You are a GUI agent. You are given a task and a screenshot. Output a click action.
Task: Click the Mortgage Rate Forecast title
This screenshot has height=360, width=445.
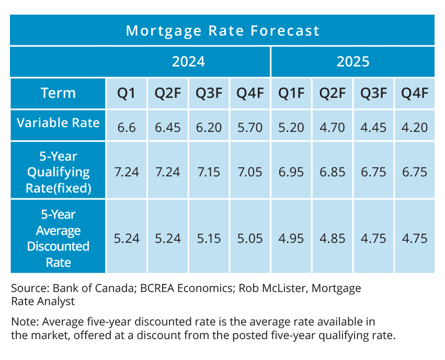[x=222, y=30]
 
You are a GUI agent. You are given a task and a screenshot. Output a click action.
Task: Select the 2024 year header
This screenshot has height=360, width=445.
[x=188, y=62]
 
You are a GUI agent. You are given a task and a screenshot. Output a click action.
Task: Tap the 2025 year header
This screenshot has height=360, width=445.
[x=352, y=62]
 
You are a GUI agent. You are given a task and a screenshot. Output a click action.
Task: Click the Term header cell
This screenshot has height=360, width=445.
[x=58, y=93]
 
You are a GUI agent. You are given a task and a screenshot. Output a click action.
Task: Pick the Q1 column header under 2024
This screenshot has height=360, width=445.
[x=126, y=94]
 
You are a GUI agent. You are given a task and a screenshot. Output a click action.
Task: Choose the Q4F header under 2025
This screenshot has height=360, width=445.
[x=414, y=94]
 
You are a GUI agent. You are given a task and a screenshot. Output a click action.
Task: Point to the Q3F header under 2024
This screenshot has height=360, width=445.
[x=209, y=94]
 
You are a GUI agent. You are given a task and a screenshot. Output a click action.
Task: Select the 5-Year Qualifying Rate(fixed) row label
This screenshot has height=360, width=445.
[x=58, y=172]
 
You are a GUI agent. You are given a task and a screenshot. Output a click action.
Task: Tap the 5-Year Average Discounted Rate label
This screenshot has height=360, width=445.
[x=58, y=238]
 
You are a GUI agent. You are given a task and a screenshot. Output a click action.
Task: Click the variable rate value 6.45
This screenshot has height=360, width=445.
[x=167, y=126]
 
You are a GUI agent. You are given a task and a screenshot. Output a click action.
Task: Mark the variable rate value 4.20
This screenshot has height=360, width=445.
[x=414, y=126]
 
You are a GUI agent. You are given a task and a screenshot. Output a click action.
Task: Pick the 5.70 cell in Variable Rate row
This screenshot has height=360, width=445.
[x=249, y=126]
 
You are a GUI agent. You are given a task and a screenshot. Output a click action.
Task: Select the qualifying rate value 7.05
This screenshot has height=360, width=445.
[x=249, y=172]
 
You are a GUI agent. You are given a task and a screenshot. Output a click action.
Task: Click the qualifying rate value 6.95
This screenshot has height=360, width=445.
[x=291, y=172]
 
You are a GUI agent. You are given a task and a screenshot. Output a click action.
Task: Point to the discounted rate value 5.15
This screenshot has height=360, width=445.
[x=209, y=239]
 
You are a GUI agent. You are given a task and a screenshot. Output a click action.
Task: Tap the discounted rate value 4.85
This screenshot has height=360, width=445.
[x=332, y=239]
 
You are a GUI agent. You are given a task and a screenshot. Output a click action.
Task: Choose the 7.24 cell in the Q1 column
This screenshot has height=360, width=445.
[x=126, y=172]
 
